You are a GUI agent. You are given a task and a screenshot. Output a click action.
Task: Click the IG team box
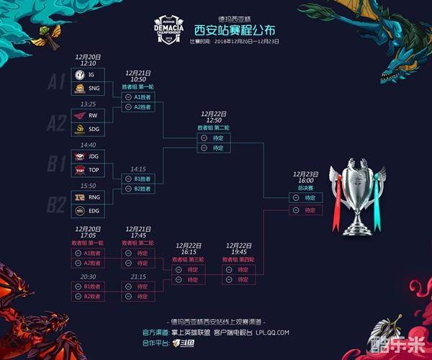88,75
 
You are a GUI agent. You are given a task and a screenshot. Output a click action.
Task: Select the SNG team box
88,88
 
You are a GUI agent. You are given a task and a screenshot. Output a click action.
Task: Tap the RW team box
88,115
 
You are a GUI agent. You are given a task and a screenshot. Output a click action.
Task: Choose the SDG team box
88,129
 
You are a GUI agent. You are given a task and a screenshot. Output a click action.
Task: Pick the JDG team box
88,156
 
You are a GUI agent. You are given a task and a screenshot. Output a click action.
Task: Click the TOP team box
88,170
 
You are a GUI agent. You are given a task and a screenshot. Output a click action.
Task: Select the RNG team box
88,197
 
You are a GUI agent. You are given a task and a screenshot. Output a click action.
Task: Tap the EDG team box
88,210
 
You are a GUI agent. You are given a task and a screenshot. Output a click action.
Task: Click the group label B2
57,204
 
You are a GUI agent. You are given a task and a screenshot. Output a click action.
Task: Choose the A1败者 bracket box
89,253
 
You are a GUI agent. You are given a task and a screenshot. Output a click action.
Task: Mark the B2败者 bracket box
89,296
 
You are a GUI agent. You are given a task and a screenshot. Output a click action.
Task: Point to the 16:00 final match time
305,181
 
